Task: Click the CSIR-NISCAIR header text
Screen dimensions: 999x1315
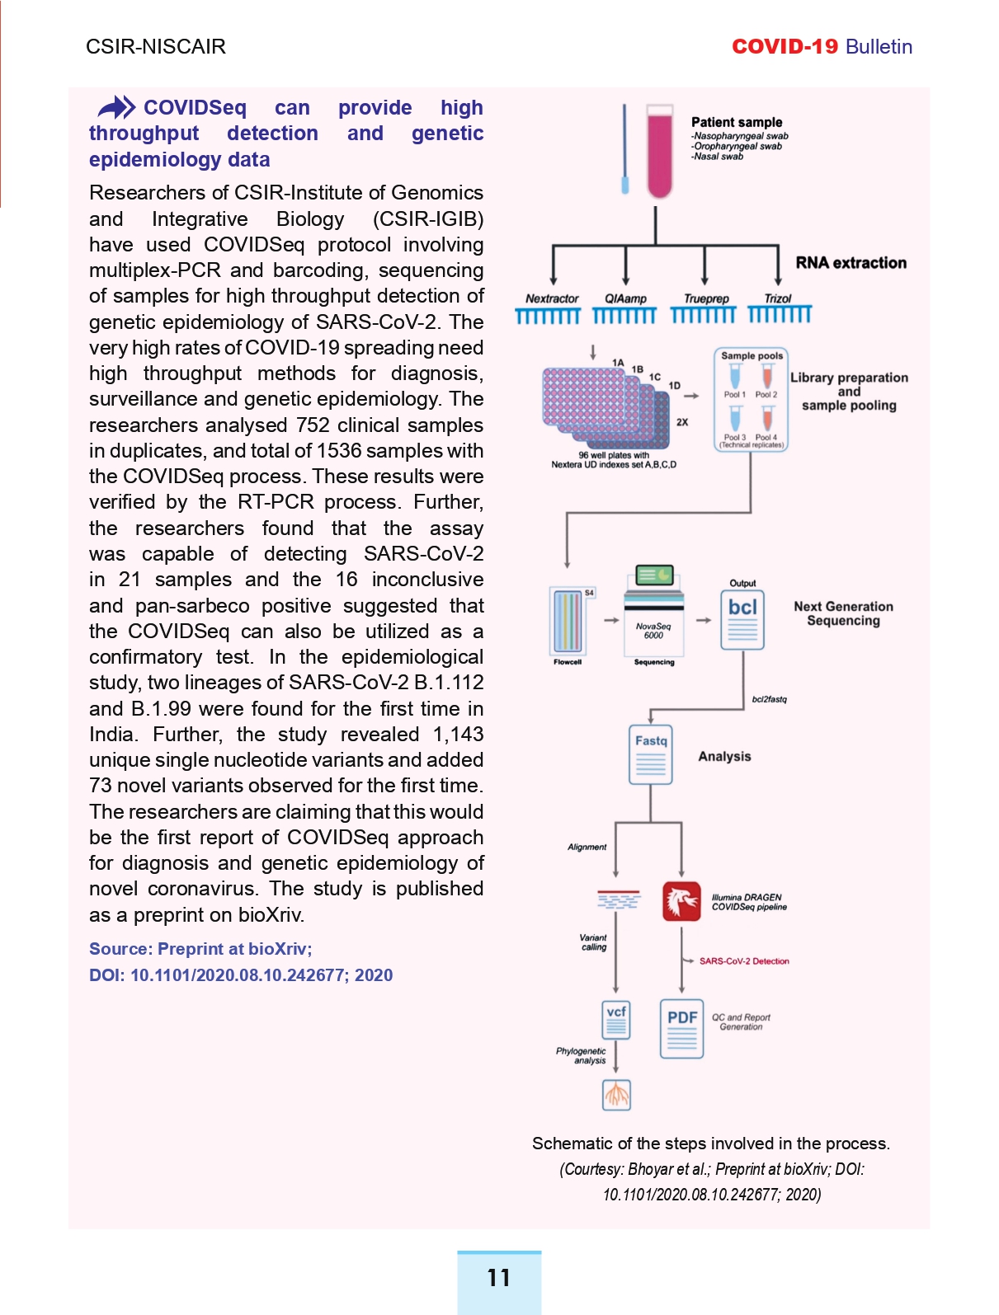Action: [156, 47]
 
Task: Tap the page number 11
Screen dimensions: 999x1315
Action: [498, 1278]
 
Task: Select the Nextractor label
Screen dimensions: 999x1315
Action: [552, 298]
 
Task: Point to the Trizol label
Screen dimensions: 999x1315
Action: [777, 298]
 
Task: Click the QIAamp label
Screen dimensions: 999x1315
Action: [625, 298]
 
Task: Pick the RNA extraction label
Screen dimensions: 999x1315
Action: [851, 263]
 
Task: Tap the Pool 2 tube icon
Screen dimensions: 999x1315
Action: [766, 377]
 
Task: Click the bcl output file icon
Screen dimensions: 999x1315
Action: [742, 620]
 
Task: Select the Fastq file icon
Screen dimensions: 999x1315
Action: [651, 754]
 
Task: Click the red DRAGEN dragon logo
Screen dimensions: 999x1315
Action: [681, 901]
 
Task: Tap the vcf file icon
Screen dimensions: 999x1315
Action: [616, 1020]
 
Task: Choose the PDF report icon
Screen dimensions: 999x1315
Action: [682, 1029]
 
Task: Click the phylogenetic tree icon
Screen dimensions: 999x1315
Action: [616, 1095]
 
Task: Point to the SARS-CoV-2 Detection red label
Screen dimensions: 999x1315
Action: [744, 961]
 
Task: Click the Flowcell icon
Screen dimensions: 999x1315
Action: [567, 622]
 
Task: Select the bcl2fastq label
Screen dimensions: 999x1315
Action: [769, 699]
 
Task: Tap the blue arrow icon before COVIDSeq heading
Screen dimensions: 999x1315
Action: [117, 108]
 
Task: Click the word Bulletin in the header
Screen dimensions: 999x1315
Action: [879, 47]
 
